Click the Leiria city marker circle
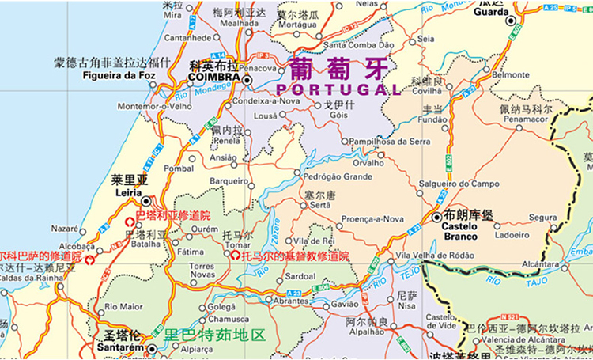tap(145, 201)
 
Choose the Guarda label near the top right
tap(491, 13)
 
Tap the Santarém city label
tap(119, 347)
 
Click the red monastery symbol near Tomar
tap(235, 256)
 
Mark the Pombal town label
tap(179, 169)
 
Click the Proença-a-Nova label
tap(372, 218)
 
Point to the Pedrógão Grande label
tap(338, 176)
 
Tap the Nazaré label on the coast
tap(65, 228)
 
